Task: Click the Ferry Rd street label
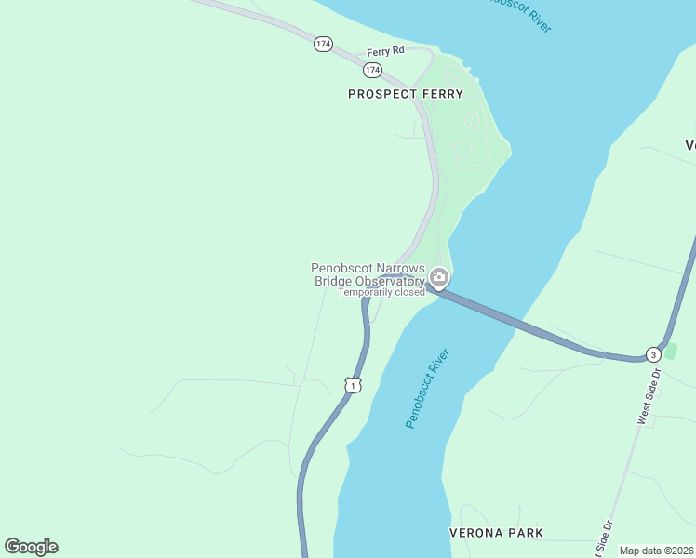(385, 51)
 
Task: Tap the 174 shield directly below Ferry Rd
(372, 70)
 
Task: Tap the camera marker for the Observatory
(439, 278)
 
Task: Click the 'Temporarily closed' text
(381, 292)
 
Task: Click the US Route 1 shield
(351, 384)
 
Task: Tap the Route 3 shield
(653, 355)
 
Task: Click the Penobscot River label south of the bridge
(428, 389)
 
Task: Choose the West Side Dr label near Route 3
(648, 396)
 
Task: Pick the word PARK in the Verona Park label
(524, 534)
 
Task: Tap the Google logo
(31, 547)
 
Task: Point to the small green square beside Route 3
(671, 351)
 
